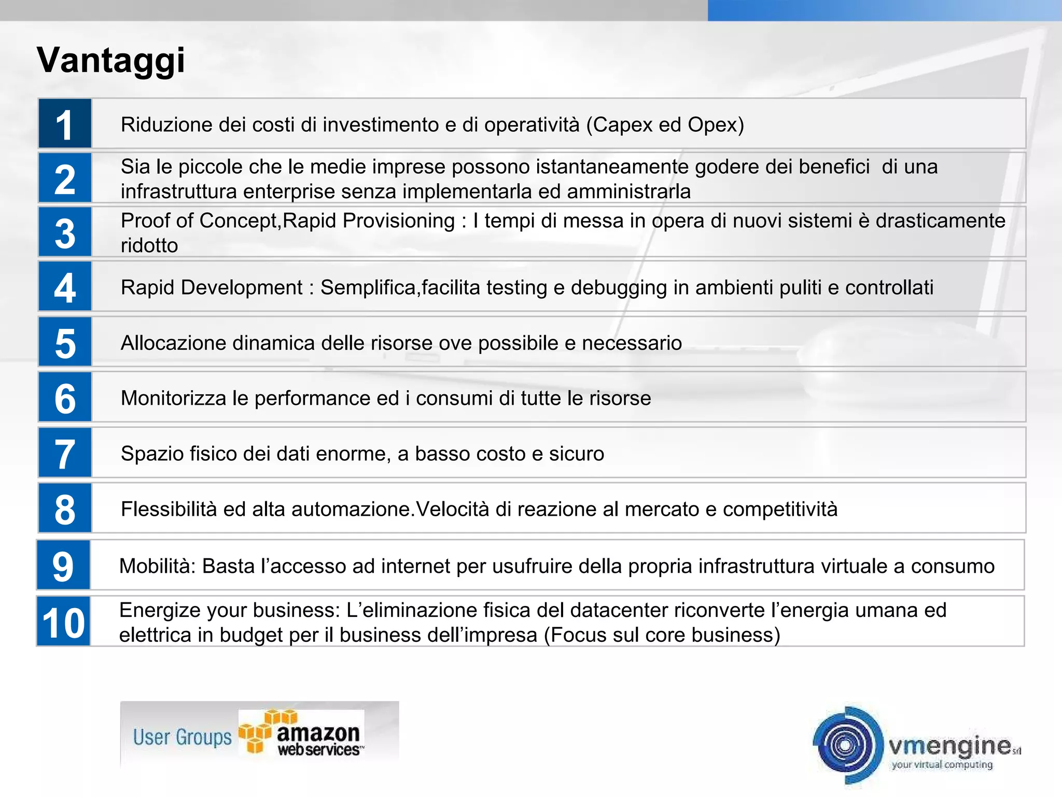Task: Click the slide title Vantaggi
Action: tap(111, 61)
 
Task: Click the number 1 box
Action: tap(65, 124)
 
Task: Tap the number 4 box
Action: tap(65, 287)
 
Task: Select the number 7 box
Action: tap(65, 453)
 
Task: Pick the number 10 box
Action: tap(63, 622)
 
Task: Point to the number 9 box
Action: tap(63, 565)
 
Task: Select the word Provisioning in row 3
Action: tap(399, 221)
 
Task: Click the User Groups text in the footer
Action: tap(182, 737)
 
